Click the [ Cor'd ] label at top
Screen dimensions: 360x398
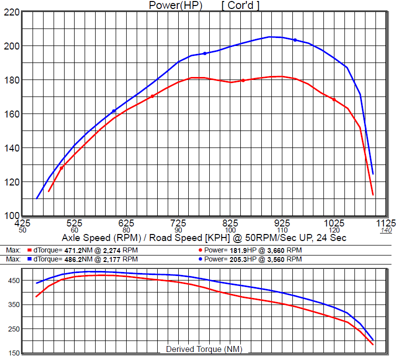(x=240, y=5)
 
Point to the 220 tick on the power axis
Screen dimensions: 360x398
(x=11, y=12)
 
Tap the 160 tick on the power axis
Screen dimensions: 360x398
(x=11, y=114)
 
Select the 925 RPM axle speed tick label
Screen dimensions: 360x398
(x=282, y=222)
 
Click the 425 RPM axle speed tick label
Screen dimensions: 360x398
(x=23, y=222)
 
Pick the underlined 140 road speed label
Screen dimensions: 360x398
(x=386, y=230)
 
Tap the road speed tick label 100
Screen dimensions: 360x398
(x=230, y=230)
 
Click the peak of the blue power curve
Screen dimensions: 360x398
(x=271, y=36)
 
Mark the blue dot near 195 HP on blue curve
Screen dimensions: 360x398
(x=205, y=53)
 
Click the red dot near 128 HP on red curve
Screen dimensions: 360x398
(x=62, y=168)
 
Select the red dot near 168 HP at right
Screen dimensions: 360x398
(x=334, y=99)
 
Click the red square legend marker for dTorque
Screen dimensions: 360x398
(x=30, y=250)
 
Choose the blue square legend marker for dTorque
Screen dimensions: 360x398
(x=30, y=259)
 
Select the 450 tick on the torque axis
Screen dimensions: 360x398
(x=13, y=281)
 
